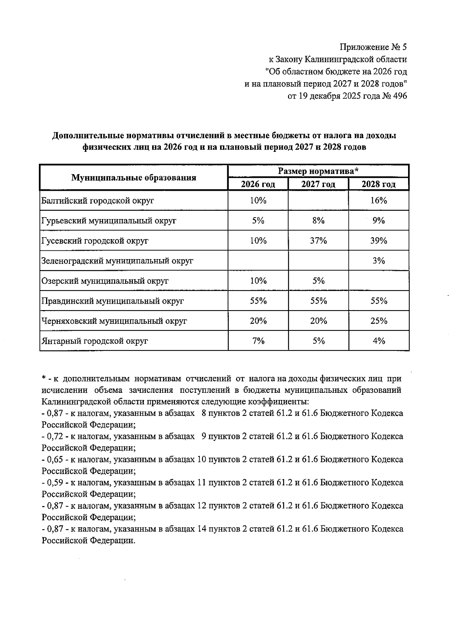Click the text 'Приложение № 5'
click(x=373, y=47)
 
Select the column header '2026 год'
click(x=258, y=184)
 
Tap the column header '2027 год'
click(x=318, y=184)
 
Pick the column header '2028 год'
click(x=378, y=184)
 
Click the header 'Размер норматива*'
click(x=318, y=171)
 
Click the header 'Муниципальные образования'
click(x=134, y=178)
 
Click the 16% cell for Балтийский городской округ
click(x=379, y=201)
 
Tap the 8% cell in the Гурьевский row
click(x=318, y=221)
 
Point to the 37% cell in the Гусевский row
click(x=318, y=241)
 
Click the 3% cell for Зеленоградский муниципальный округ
click(x=379, y=261)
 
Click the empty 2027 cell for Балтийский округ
click(x=318, y=201)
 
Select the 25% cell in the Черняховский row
click(x=379, y=321)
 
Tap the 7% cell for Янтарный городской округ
click(x=258, y=341)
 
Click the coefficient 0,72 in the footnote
click(x=55, y=437)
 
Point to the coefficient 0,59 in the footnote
click(x=55, y=483)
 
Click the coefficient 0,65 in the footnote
click(x=55, y=460)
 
